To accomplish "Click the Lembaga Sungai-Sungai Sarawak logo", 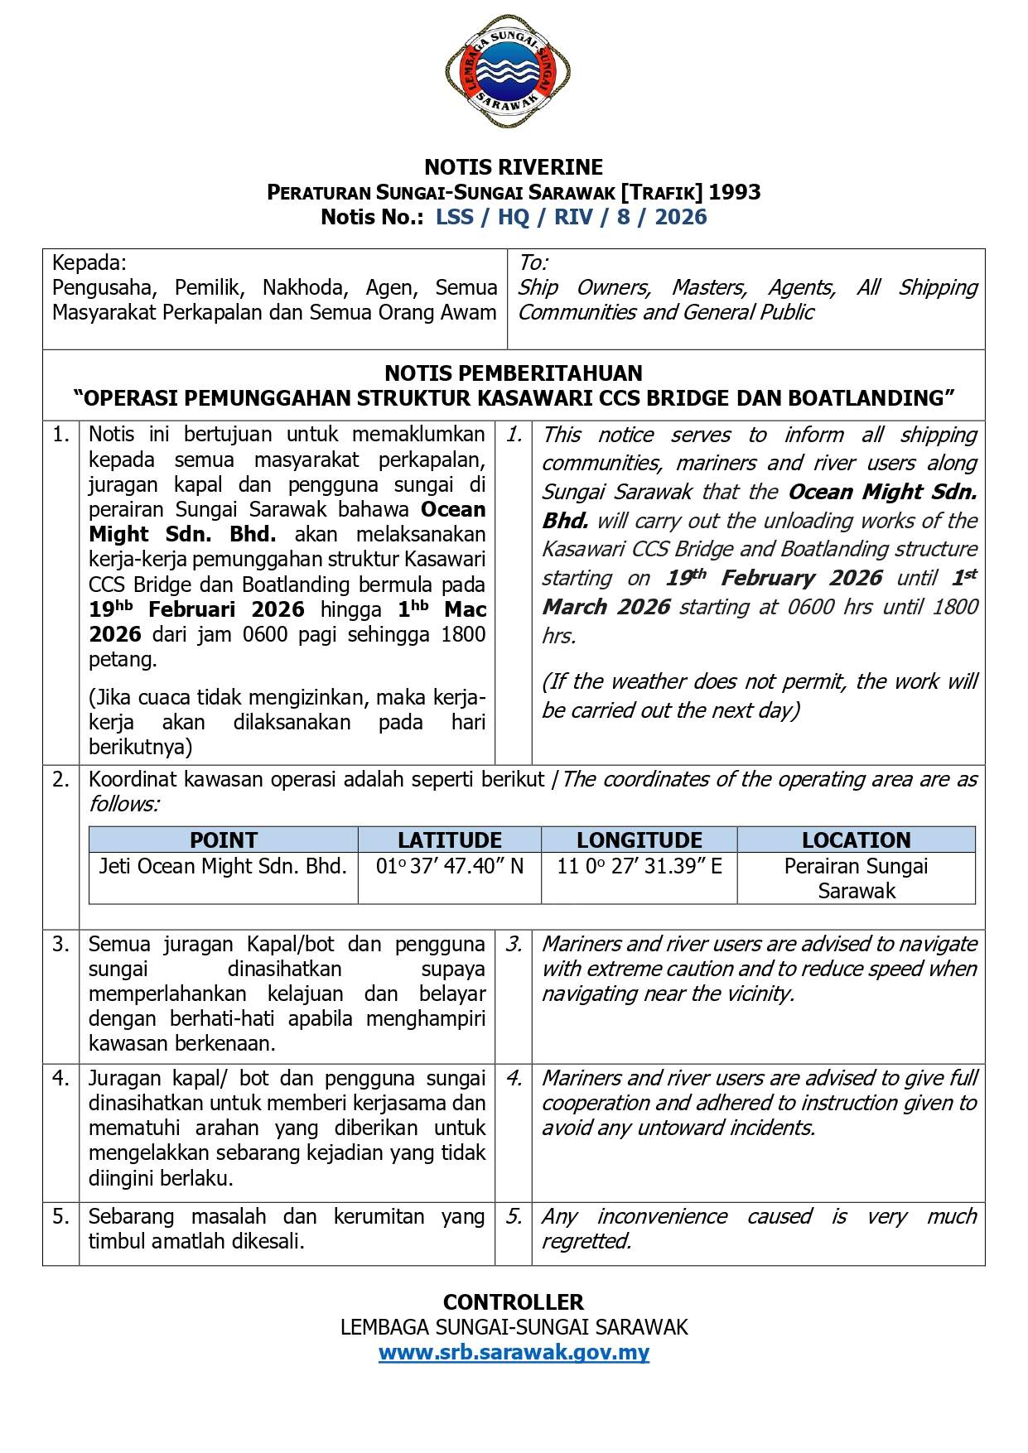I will pyautogui.click(x=508, y=71).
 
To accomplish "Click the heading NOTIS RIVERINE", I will pyautogui.click(x=514, y=167).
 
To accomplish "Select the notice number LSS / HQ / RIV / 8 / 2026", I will pyautogui.click(x=572, y=218).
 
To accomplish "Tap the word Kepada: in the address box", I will pyautogui.click(x=89, y=263).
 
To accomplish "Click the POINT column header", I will pyautogui.click(x=224, y=840).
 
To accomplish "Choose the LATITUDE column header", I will pyautogui.click(x=450, y=840).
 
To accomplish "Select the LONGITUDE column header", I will pyautogui.click(x=639, y=840).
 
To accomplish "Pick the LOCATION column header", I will pyautogui.click(x=856, y=840).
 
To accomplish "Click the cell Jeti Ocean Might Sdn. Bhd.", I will pyautogui.click(x=223, y=867).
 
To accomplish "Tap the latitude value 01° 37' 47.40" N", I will pyautogui.click(x=450, y=867).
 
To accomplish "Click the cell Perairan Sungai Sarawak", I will pyautogui.click(x=856, y=878).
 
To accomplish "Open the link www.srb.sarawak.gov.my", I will pyautogui.click(x=514, y=1353).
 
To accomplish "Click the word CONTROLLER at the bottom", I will pyautogui.click(x=514, y=1302).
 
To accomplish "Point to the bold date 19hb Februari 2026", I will pyautogui.click(x=197, y=610).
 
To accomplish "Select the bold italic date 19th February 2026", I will pyautogui.click(x=774, y=578).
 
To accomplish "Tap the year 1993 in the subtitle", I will pyautogui.click(x=735, y=192).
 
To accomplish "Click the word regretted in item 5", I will pyautogui.click(x=586, y=1241).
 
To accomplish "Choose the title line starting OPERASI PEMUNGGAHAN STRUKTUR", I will pyautogui.click(x=514, y=398).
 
